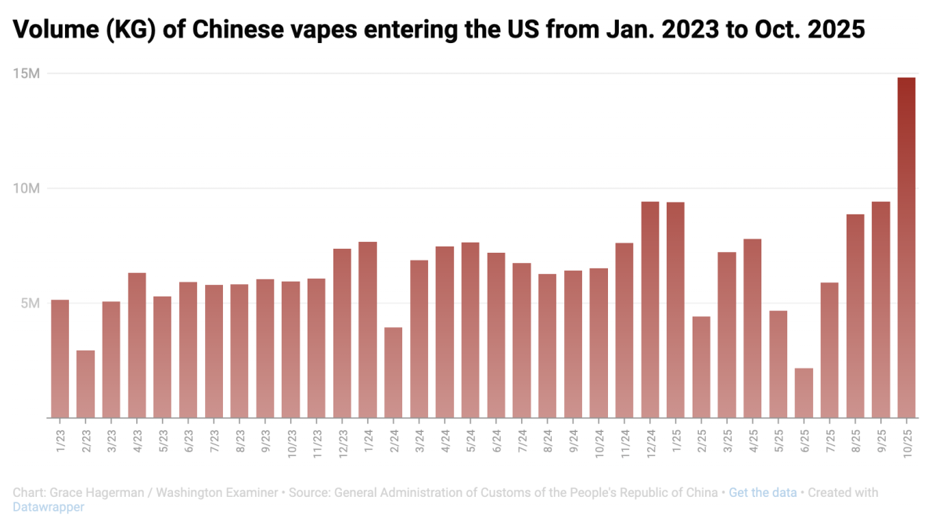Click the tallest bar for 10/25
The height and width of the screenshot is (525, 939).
click(x=906, y=247)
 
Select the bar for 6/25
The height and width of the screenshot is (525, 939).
click(x=804, y=393)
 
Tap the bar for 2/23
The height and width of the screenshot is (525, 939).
click(x=85, y=383)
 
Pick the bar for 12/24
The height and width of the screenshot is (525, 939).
click(x=650, y=309)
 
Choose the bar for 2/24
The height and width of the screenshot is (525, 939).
click(x=394, y=372)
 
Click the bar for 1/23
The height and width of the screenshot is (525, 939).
click(x=59, y=358)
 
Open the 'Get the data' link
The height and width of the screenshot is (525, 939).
click(x=762, y=493)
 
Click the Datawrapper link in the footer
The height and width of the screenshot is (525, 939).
click(x=48, y=507)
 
